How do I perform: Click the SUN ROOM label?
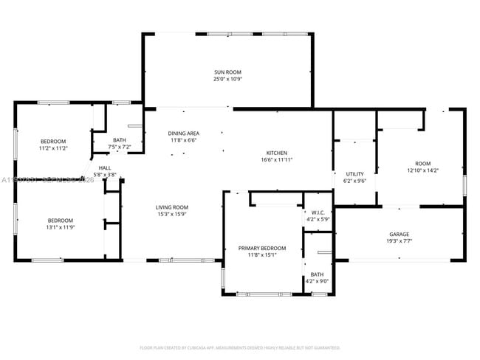(227, 72)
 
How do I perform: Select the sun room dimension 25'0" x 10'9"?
(227, 79)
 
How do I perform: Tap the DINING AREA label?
(182, 134)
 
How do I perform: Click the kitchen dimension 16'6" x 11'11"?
(277, 160)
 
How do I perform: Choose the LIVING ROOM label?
(171, 207)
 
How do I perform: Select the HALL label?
(105, 167)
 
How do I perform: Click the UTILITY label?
(355, 174)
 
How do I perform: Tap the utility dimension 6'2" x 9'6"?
(355, 181)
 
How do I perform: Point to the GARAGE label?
(399, 234)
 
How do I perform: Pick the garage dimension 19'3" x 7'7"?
(399, 240)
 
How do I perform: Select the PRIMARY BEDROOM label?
(261, 249)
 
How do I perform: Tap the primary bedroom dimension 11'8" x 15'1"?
(261, 255)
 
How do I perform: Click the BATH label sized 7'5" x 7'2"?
(119, 140)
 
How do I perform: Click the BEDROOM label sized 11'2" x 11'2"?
(53, 141)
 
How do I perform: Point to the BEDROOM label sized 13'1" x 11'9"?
(61, 221)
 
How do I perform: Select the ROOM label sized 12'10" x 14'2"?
(422, 164)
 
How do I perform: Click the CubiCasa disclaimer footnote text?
(239, 347)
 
